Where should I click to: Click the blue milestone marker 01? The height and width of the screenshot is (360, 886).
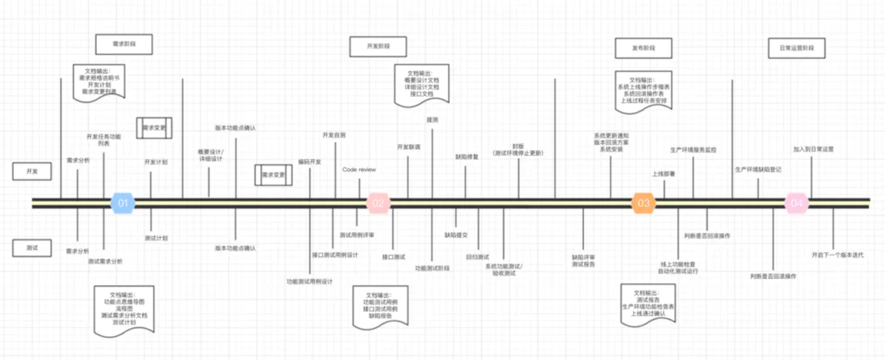pyautogui.click(x=121, y=203)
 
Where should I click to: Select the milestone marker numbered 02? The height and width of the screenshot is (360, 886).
pyautogui.click(x=377, y=203)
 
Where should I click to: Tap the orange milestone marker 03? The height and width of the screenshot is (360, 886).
pyautogui.click(x=643, y=203)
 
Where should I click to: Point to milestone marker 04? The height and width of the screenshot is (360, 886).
pyautogui.click(x=797, y=203)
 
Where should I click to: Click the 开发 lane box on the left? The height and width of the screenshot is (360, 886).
pyautogui.click(x=33, y=171)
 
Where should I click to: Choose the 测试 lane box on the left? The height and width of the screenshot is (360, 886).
pyautogui.click(x=33, y=247)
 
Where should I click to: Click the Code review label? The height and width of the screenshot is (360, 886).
pyautogui.click(x=359, y=170)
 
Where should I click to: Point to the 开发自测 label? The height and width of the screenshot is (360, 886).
pyautogui.click(x=334, y=134)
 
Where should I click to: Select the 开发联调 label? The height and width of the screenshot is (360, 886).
pyautogui.click(x=409, y=147)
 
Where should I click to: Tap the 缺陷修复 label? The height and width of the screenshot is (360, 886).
pyautogui.click(x=467, y=157)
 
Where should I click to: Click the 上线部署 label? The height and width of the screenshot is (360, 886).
pyautogui.click(x=664, y=174)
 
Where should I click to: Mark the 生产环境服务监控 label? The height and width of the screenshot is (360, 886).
pyautogui.click(x=693, y=150)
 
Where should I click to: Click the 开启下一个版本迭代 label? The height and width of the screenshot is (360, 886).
pyautogui.click(x=837, y=255)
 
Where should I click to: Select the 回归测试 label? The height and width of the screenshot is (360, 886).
pyautogui.click(x=477, y=257)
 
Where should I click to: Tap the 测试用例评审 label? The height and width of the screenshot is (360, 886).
pyautogui.click(x=357, y=235)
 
